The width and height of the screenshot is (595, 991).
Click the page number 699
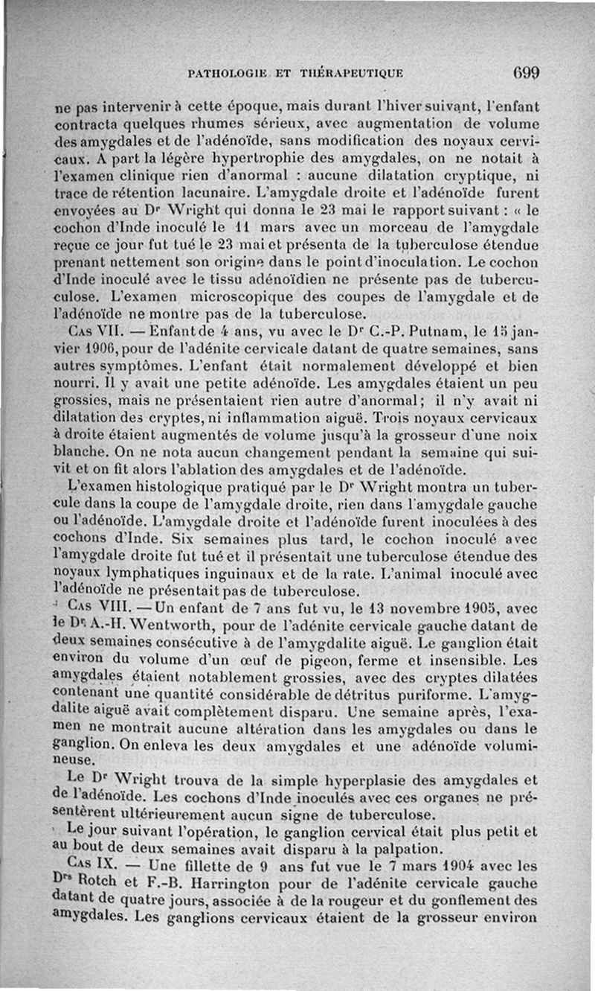click(525, 73)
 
